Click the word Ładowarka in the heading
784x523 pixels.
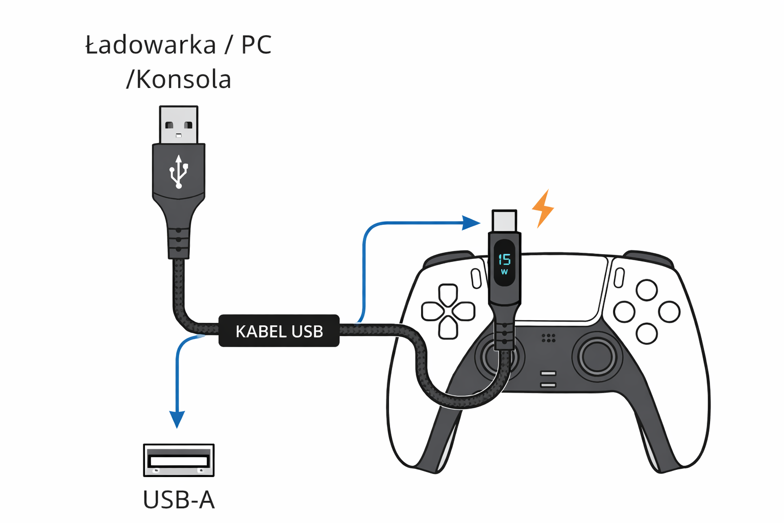pos(151,45)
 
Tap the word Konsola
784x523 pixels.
pos(183,80)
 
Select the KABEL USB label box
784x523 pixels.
pos(279,331)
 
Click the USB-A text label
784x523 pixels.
pos(179,500)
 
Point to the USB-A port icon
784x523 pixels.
pos(179,460)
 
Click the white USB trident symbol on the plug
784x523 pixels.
pos(179,172)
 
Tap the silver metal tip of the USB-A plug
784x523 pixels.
pos(179,125)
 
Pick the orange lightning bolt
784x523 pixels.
pos(543,208)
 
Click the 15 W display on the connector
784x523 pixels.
pos(504,263)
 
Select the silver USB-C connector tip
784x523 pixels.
pos(504,221)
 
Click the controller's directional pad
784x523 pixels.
pos(448,311)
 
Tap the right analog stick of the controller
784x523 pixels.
pos(597,355)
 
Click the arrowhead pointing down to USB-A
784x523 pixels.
pos(177,419)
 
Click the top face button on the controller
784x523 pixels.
pos(647,290)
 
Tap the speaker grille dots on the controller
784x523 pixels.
pos(548,338)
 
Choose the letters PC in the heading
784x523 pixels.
pos(256,45)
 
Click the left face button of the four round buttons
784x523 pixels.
pos(624,312)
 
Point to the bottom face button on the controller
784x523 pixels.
pos(647,334)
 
